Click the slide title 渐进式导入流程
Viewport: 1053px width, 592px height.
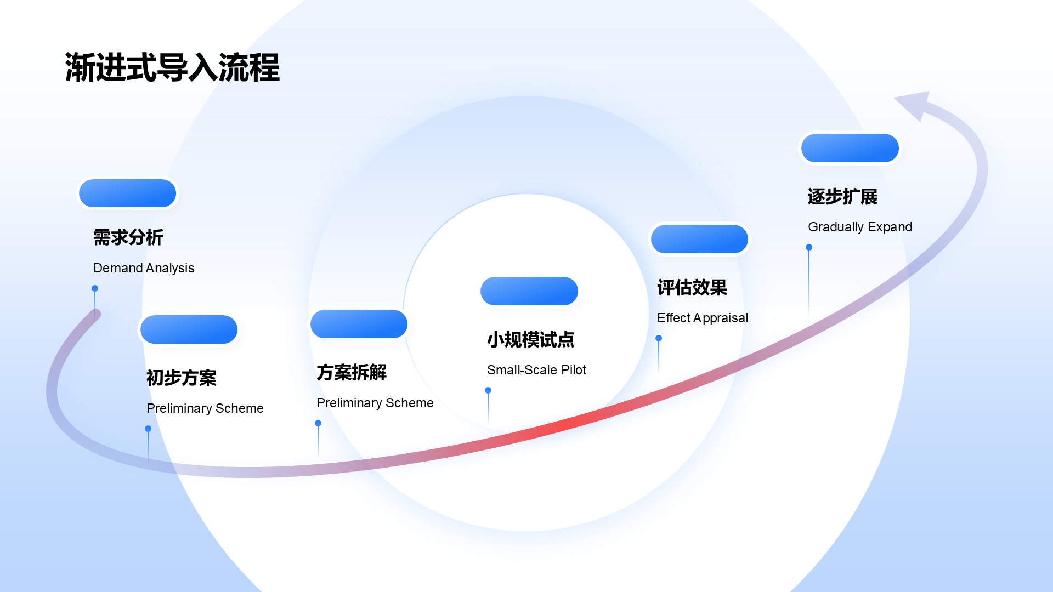[172, 68]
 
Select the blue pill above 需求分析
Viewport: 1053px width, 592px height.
[127, 193]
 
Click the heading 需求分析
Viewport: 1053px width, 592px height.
[128, 237]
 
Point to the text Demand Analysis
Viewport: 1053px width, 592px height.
[144, 268]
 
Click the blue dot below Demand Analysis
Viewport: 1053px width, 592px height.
[95, 288]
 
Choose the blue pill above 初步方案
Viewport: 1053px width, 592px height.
[189, 329]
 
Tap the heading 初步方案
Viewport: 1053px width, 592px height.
[182, 378]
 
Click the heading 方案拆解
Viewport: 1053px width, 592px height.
[352, 372]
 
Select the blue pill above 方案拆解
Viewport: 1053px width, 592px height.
[359, 324]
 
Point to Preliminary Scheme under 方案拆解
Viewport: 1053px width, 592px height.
[375, 403]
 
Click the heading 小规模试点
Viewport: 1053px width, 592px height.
[531, 339]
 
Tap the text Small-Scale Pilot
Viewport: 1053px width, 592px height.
[536, 370]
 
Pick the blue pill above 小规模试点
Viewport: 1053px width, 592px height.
[529, 291]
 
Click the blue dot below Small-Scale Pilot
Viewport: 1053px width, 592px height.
[488, 390]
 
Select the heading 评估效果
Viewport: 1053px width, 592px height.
[692, 287]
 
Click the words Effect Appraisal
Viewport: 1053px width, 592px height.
[703, 318]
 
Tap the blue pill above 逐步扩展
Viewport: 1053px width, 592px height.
[850, 148]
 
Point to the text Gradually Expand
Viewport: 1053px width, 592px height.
[860, 227]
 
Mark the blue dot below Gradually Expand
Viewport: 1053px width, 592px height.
[809, 247]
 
